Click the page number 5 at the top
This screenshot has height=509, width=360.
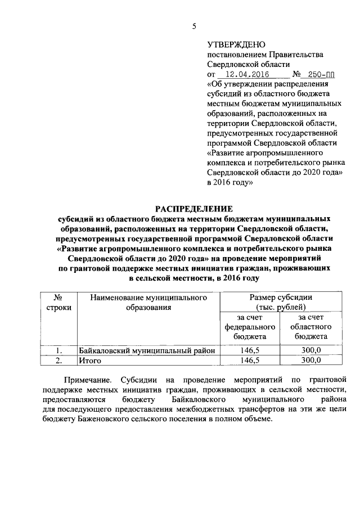coord(194,26)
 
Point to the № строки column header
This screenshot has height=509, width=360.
coord(57,302)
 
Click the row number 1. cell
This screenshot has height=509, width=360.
coord(57,350)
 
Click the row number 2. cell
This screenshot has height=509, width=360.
coord(57,361)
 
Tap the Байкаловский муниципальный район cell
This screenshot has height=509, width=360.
coord(147,350)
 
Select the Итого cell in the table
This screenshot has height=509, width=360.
coord(89,361)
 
